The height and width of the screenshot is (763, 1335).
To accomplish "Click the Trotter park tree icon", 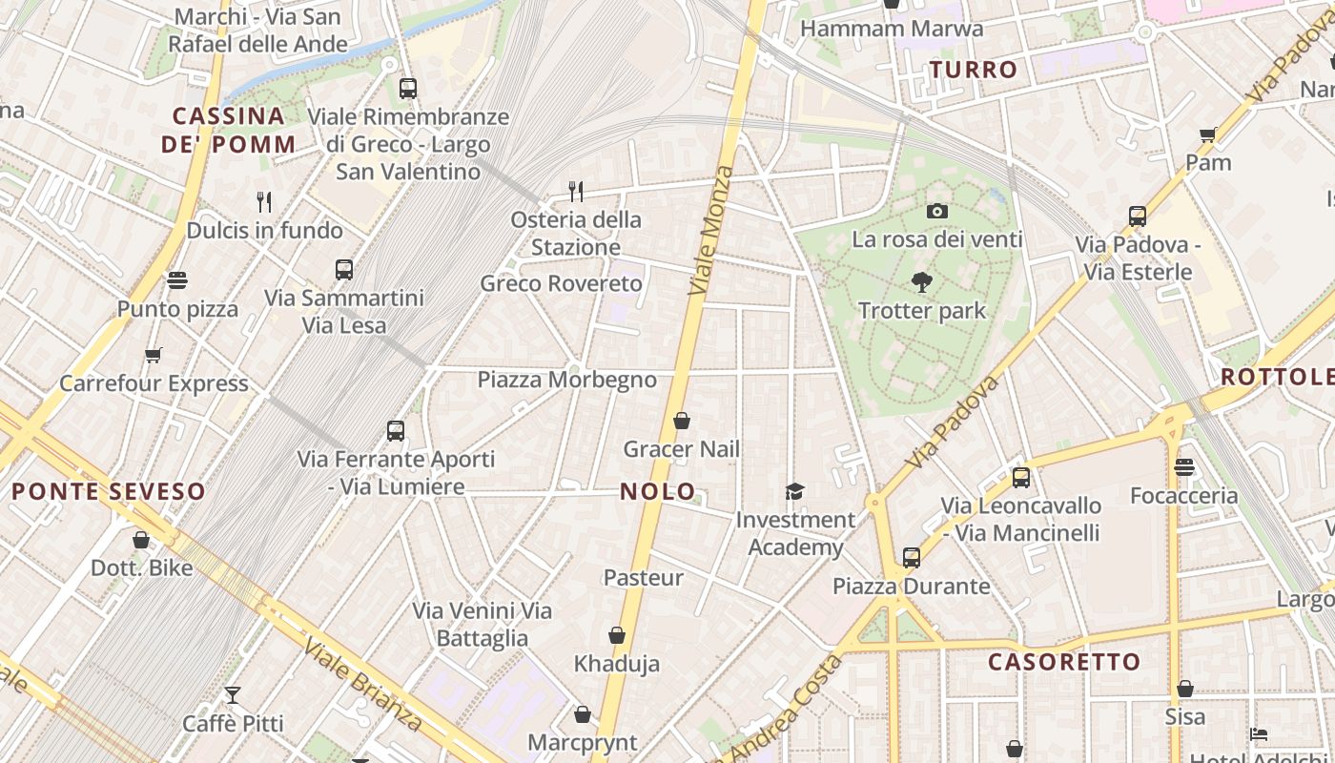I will tap(921, 282).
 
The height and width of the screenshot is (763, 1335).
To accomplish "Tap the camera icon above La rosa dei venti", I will tap(937, 211).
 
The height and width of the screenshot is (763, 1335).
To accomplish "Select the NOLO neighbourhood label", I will tap(658, 491).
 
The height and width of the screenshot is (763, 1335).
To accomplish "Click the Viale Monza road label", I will tap(711, 230).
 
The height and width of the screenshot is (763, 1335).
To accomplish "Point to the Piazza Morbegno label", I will tap(566, 380).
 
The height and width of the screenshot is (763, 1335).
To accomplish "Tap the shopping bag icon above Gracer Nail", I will tap(682, 421).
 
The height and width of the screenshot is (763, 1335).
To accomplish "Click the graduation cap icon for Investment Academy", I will tap(794, 491).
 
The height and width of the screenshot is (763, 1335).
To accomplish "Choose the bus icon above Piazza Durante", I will tap(912, 557).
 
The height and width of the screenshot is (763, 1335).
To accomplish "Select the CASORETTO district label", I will tap(1064, 662).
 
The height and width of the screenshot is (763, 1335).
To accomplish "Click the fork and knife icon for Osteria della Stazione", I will tap(575, 192).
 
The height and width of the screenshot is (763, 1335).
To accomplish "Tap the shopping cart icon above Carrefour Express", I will tap(154, 356).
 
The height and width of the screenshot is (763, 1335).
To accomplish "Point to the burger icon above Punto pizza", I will tap(177, 280).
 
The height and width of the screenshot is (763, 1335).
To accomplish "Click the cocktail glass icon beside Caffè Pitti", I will tap(233, 694).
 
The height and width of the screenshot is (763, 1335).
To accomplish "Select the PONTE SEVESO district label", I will tap(109, 492).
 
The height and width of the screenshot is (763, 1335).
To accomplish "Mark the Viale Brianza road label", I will tap(363, 685).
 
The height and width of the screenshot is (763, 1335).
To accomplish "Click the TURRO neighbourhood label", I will tap(974, 70).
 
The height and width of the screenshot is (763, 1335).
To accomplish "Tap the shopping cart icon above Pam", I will tap(1208, 135).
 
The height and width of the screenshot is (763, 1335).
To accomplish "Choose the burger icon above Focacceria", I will tap(1184, 467).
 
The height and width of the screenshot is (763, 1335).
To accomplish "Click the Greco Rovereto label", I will tap(562, 283).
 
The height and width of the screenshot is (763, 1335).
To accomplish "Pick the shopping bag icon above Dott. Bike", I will tap(141, 540).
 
